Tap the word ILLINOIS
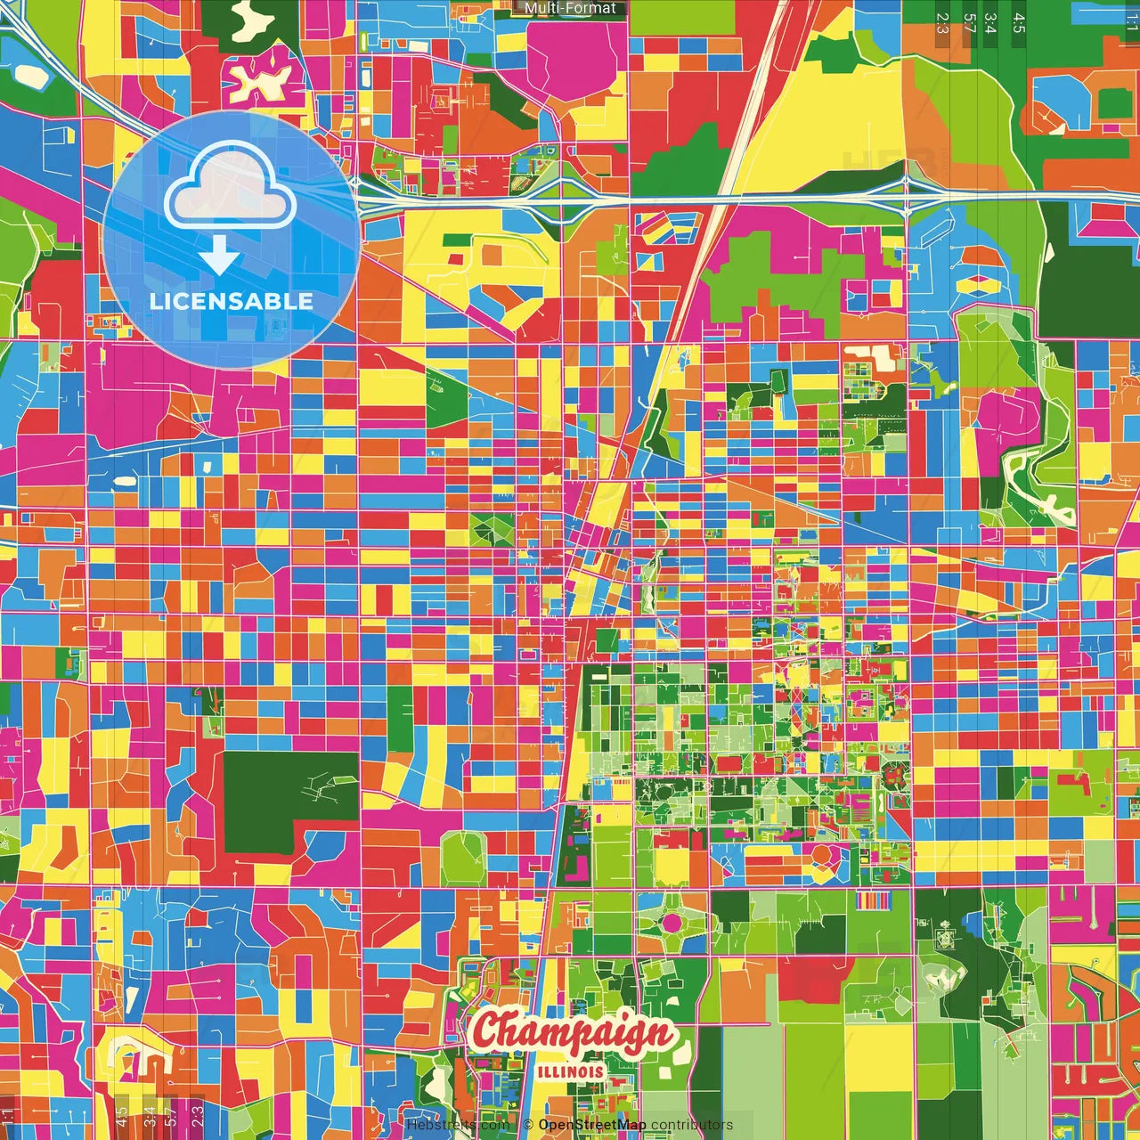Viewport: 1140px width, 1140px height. tap(571, 1071)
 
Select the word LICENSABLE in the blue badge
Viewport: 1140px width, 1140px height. tap(232, 301)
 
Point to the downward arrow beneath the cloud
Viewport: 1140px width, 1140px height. tap(219, 257)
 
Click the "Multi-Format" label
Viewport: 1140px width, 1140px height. tap(570, 8)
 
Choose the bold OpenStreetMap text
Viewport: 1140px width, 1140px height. tap(591, 1125)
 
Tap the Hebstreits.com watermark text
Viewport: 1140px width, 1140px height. tap(458, 1125)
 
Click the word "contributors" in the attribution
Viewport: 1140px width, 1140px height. tap(691, 1125)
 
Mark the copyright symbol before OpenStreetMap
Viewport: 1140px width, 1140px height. tap(528, 1125)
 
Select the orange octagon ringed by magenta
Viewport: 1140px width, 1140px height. tap(820, 856)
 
